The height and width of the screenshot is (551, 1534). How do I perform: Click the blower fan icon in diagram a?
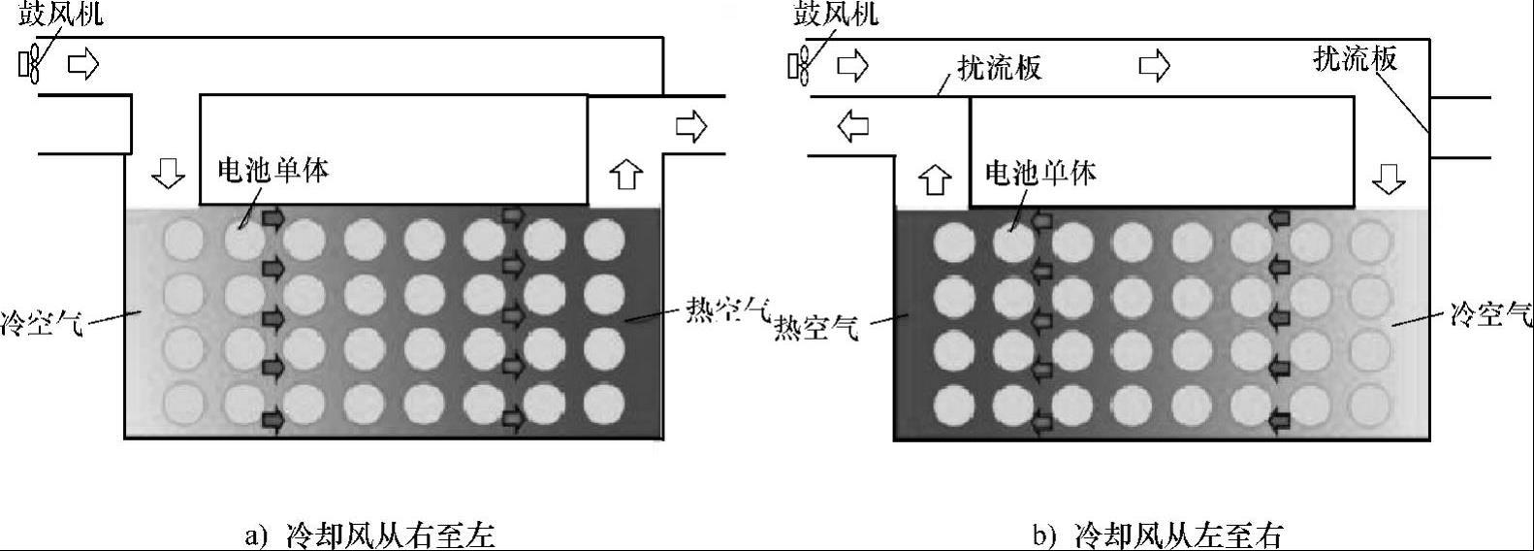(30, 65)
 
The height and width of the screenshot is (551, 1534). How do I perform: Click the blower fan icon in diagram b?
(800, 65)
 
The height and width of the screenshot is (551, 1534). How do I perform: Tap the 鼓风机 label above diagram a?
(61, 15)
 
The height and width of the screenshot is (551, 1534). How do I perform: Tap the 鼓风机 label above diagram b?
(835, 15)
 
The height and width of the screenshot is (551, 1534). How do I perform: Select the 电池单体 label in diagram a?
(272, 170)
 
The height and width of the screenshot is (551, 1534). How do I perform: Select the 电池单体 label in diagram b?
(1040, 173)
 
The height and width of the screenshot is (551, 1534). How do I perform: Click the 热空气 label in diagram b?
(815, 329)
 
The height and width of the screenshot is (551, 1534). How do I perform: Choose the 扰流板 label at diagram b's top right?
(1355, 59)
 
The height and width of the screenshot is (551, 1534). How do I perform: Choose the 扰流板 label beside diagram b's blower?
(999, 67)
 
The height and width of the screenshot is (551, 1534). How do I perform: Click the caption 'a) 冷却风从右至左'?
(369, 535)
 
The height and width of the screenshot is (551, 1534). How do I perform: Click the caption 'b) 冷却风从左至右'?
(1158, 535)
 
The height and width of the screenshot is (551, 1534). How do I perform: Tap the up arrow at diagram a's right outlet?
(626, 175)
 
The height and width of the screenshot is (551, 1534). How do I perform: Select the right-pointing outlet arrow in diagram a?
(691, 126)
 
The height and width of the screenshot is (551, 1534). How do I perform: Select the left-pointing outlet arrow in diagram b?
(852, 125)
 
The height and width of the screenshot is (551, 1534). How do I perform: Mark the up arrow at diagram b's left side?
(934, 178)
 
